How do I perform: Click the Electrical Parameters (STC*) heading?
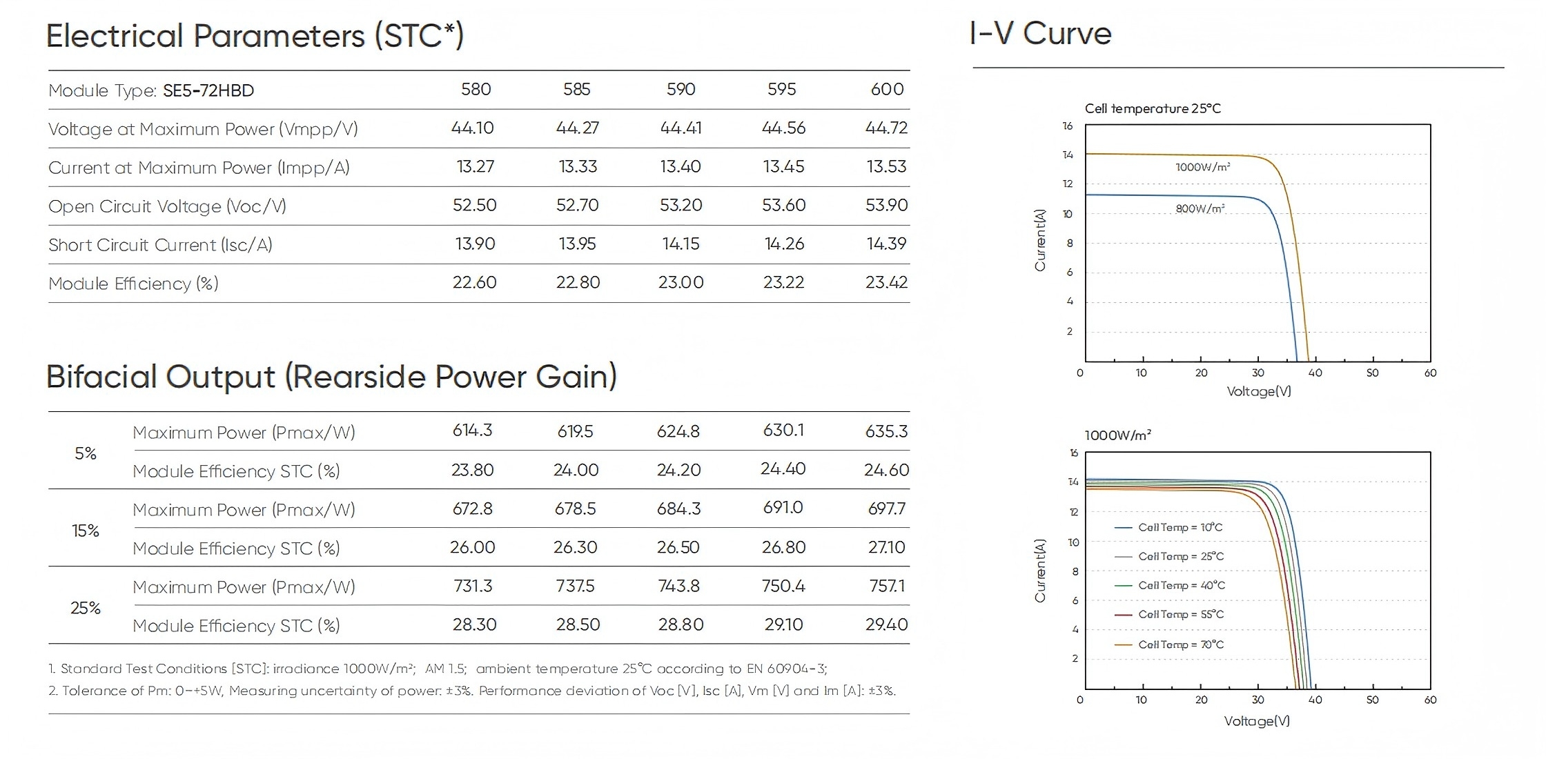click(x=255, y=36)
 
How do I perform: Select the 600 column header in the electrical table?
click(x=887, y=90)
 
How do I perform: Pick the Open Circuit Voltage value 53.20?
click(x=681, y=206)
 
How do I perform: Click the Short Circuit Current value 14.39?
click(x=886, y=244)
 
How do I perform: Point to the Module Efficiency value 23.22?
click(x=783, y=283)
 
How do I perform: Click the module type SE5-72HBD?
click(x=208, y=90)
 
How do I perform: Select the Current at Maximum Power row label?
click(x=199, y=168)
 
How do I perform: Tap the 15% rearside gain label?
click(x=86, y=531)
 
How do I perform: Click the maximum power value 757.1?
click(x=887, y=586)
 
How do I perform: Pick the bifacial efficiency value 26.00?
click(x=472, y=548)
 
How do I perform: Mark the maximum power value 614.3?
click(x=472, y=431)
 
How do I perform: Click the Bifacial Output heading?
click(x=331, y=377)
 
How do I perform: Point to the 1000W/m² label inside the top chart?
click(x=1202, y=167)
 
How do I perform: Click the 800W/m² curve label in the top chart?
click(x=1200, y=208)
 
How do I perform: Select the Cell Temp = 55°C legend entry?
click(x=1180, y=614)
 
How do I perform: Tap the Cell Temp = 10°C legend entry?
click(x=1180, y=527)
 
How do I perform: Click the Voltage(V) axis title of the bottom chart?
click(x=1257, y=721)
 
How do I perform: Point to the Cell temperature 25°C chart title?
click(x=1153, y=108)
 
